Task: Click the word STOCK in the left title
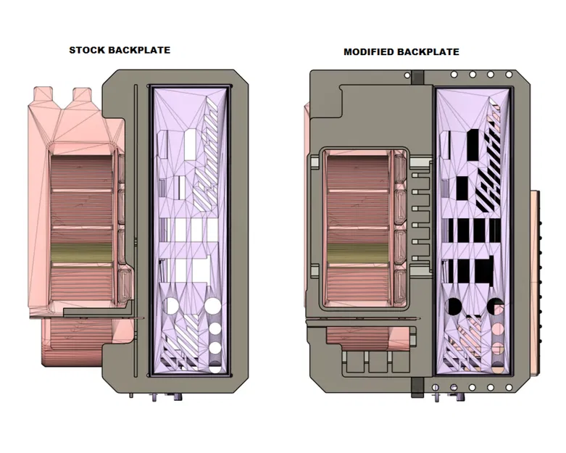pyautogui.click(x=87, y=50)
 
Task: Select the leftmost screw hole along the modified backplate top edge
pyautogui.click(x=454, y=75)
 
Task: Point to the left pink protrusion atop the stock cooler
pyautogui.click(x=43, y=95)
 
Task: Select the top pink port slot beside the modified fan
pyautogui.click(x=399, y=168)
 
